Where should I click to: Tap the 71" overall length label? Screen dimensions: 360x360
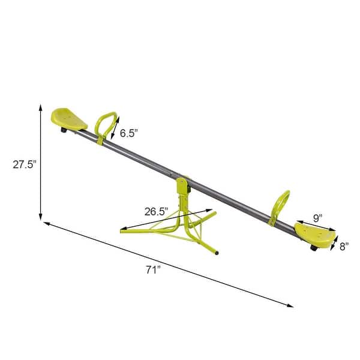pyautogui.click(x=154, y=270)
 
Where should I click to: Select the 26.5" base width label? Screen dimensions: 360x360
pyautogui.click(x=156, y=211)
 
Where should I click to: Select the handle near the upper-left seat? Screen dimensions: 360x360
pyautogui.click(x=107, y=127)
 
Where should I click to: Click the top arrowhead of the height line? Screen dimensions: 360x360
pyautogui.click(x=41, y=107)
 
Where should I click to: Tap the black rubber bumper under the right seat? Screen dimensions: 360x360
pyautogui.click(x=313, y=248)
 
